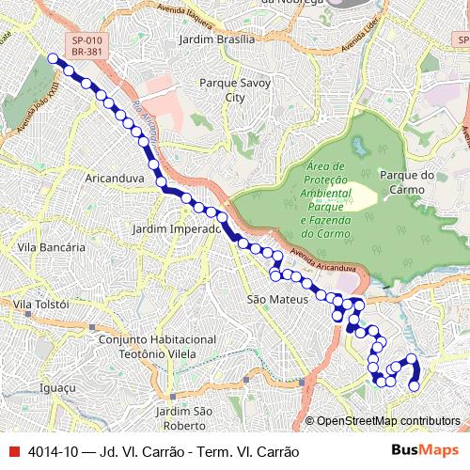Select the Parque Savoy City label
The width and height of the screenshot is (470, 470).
[x=235, y=89]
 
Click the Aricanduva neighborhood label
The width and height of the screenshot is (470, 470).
[x=113, y=177]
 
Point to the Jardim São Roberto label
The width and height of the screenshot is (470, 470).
[x=183, y=417]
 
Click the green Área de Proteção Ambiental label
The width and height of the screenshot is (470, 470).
[x=326, y=198]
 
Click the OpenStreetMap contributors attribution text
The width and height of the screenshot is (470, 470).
[x=388, y=420]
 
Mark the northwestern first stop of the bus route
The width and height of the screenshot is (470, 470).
[x=53, y=58]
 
